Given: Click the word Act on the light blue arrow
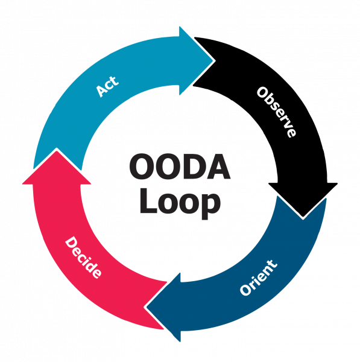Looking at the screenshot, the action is pyautogui.click(x=107, y=86).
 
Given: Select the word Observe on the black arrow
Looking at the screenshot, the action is pyautogui.click(x=276, y=112).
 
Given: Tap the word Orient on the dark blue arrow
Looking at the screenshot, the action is pyautogui.click(x=259, y=278).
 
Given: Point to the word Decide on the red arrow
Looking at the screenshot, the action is pyautogui.click(x=83, y=257).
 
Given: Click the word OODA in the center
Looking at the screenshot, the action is pyautogui.click(x=180, y=167).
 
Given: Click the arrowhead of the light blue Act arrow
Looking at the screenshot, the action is pyautogui.click(x=197, y=61).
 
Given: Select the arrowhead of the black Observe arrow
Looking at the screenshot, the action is pyautogui.click(x=303, y=200).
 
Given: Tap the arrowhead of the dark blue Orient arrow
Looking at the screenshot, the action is pyautogui.click(x=163, y=307).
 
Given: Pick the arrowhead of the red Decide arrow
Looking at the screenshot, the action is pyautogui.click(x=57, y=167).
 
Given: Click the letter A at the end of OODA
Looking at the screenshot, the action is pyautogui.click(x=217, y=167).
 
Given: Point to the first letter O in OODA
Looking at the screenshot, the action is pyautogui.click(x=141, y=167).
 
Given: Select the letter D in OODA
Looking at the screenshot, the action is pyautogui.click(x=192, y=167).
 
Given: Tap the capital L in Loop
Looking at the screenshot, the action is pyautogui.click(x=148, y=201).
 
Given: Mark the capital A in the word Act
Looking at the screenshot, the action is pyautogui.click(x=101, y=91).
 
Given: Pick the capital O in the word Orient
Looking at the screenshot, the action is pyautogui.click(x=245, y=290).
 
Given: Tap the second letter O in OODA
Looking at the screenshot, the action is pyautogui.click(x=168, y=167).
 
